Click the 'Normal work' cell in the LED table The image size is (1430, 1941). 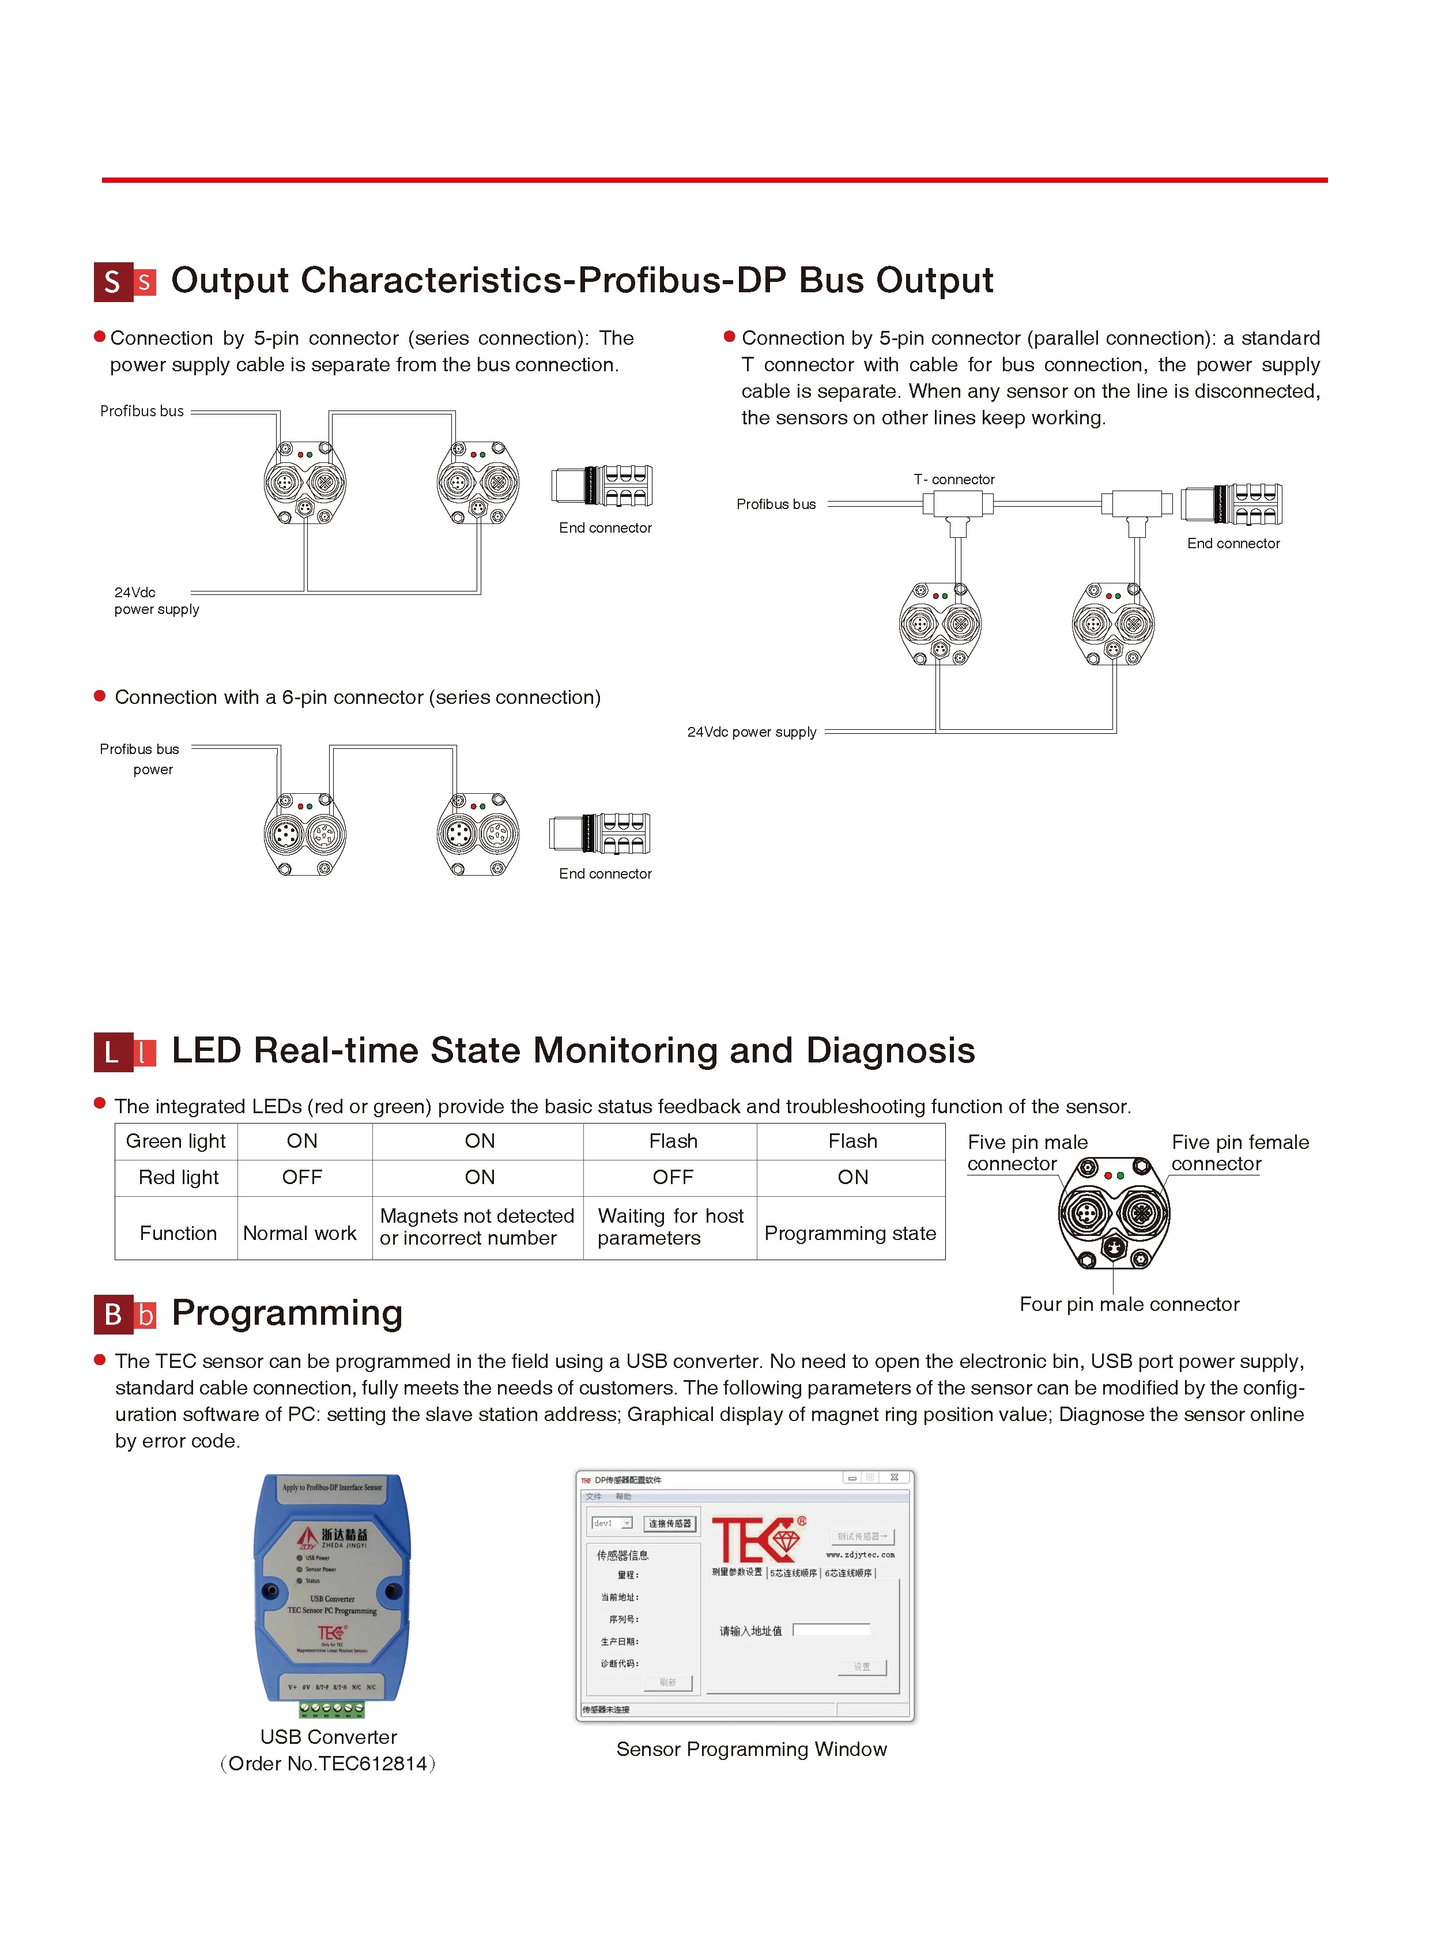click(300, 1233)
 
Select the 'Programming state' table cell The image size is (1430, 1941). click(850, 1233)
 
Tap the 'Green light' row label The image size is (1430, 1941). click(176, 1141)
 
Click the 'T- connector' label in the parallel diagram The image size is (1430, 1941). click(954, 478)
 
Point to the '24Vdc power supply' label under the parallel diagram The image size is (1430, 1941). click(752, 732)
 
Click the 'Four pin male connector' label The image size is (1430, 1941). click(1129, 1304)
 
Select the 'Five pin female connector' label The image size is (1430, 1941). click(1240, 1152)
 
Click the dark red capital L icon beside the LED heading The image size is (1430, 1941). click(112, 1053)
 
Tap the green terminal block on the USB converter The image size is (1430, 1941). click(331, 1708)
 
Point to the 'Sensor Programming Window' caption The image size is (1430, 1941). click(752, 1749)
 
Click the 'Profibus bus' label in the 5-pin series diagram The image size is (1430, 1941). click(142, 411)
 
